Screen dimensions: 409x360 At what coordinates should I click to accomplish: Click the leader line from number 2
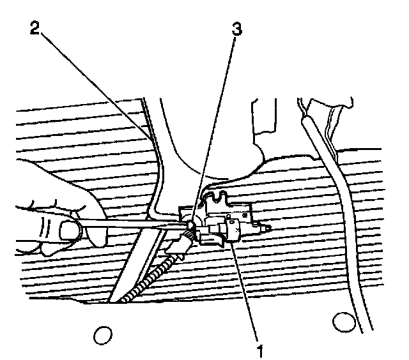[96, 83]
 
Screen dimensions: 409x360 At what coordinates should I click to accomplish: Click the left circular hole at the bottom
[102, 333]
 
